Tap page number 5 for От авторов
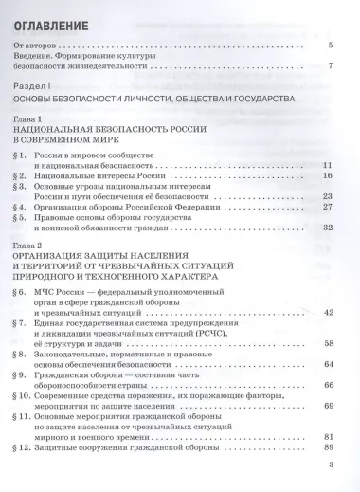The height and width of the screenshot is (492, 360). [330, 46]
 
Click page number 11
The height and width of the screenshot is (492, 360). [328, 165]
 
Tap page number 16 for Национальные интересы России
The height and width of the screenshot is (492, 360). [328, 175]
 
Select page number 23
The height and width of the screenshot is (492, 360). [328, 196]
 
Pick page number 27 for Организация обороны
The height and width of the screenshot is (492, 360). [328, 207]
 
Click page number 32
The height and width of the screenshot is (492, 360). [328, 228]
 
